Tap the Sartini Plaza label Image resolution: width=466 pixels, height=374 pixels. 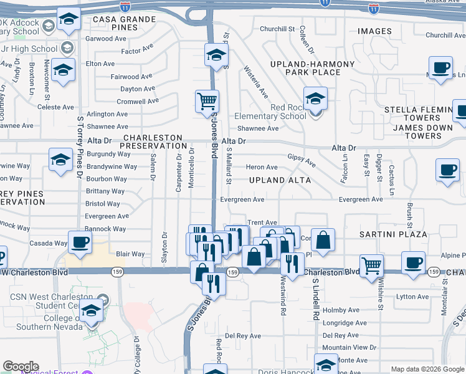click(393, 234)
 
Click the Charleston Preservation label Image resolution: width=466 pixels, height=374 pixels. click(153, 141)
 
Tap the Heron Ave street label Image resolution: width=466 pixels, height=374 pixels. click(262, 167)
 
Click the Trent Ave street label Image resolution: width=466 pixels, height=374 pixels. click(262, 223)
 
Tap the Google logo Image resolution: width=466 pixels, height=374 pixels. click(21, 367)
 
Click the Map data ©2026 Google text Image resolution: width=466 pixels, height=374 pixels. click(427, 369)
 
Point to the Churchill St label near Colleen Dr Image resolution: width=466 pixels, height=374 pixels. click(277, 29)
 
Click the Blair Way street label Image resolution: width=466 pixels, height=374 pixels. click(130, 254)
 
